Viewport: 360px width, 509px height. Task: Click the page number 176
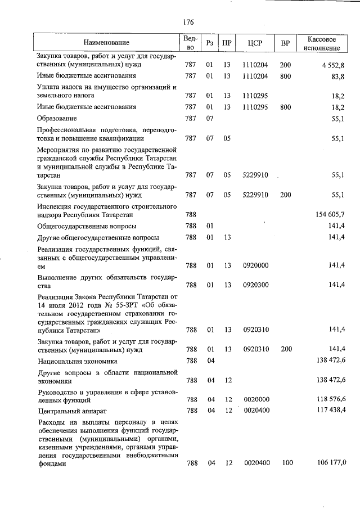click(188, 22)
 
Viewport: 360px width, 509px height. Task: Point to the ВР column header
click(285, 43)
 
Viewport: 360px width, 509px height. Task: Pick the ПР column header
click(227, 43)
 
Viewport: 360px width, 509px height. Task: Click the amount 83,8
click(338, 76)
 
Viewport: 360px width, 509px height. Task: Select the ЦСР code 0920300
click(256, 285)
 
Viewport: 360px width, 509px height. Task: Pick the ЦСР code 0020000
click(256, 399)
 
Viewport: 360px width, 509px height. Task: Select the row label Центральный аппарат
click(70, 411)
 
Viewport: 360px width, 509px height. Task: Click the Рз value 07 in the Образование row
click(210, 119)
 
